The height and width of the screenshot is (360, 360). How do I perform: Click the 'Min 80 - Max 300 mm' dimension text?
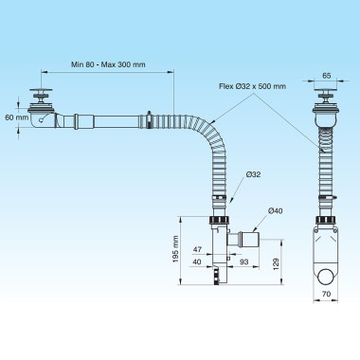point(108,64)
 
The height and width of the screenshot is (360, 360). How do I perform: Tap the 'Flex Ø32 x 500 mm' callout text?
point(252,86)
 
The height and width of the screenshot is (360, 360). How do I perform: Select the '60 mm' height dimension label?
point(17,117)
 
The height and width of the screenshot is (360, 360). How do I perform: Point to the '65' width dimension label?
point(327,76)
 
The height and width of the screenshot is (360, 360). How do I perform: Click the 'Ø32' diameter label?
point(253,174)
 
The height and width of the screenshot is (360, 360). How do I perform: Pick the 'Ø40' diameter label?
point(275,210)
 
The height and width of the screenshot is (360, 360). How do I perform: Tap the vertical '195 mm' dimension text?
point(176,248)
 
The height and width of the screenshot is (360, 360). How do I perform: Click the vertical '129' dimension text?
point(276,263)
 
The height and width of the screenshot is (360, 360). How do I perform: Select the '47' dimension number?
point(197,249)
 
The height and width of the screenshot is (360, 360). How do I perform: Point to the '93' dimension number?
point(244,261)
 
